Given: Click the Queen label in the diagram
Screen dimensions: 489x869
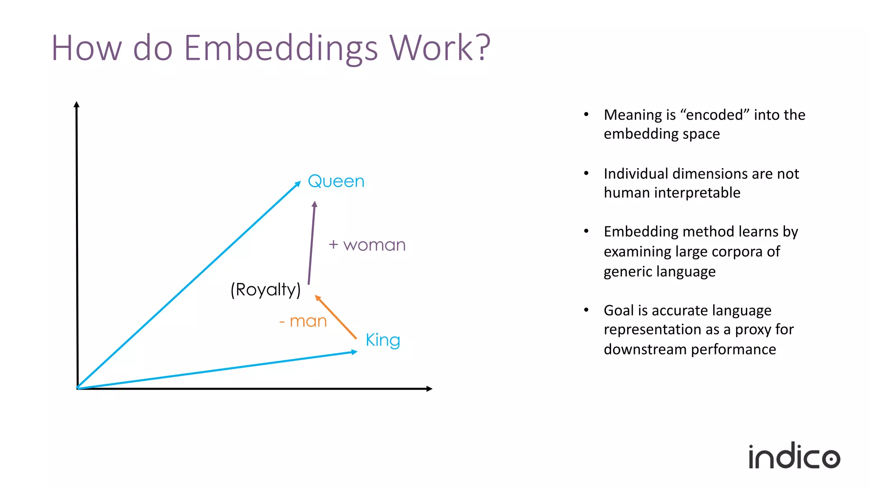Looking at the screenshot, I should pyautogui.click(x=336, y=181).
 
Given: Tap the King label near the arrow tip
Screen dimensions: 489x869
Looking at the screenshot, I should pyautogui.click(x=383, y=340).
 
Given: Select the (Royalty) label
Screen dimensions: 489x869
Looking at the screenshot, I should pyautogui.click(x=266, y=290).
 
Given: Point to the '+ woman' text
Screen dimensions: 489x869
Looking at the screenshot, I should pyautogui.click(x=367, y=245).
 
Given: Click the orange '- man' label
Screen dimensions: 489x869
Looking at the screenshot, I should pyautogui.click(x=303, y=321).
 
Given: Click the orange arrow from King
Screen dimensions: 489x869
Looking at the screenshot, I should pyautogui.click(x=336, y=317).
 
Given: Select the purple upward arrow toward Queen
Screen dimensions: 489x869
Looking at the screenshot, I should pyautogui.click(x=312, y=243).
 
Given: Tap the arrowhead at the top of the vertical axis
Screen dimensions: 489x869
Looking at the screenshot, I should pyautogui.click(x=76, y=104).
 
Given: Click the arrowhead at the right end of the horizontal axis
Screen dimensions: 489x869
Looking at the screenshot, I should pyautogui.click(x=429, y=388).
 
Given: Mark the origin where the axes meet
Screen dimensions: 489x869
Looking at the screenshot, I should pyautogui.click(x=78, y=388).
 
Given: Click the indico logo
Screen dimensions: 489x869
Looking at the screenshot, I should pyautogui.click(x=794, y=456).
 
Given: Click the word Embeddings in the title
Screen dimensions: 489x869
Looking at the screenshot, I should pyautogui.click(x=280, y=48).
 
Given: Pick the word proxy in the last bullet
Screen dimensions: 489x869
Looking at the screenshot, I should pyautogui.click(x=754, y=330).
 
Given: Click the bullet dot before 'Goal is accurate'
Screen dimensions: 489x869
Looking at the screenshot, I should pyautogui.click(x=586, y=310).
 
